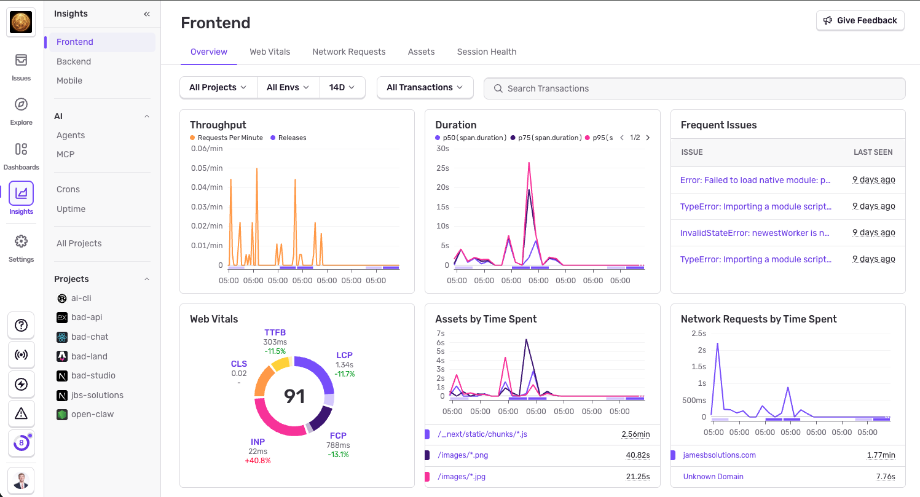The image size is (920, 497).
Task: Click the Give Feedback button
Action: click(860, 20)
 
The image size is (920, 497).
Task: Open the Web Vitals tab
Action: click(270, 52)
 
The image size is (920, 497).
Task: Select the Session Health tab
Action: click(486, 52)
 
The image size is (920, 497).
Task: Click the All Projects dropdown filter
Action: click(218, 87)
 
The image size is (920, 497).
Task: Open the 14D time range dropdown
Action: click(342, 87)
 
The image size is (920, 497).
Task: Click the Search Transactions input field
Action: click(694, 88)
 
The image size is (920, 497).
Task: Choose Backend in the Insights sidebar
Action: click(74, 61)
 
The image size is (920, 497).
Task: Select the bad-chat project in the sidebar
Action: click(90, 337)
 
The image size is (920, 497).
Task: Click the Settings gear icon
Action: click(21, 241)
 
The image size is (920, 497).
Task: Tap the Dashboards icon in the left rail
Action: click(21, 149)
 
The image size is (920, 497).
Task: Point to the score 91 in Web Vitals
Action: click(294, 396)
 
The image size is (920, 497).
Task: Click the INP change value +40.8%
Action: click(258, 460)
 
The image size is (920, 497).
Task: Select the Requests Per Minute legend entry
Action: click(230, 138)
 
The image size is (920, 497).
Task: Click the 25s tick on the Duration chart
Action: click(442, 168)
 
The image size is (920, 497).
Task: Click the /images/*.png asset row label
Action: click(463, 455)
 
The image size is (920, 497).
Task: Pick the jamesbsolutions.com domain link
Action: click(719, 455)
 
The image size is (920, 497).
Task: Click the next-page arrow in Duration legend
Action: click(648, 138)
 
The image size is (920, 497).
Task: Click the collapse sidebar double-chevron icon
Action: click(147, 14)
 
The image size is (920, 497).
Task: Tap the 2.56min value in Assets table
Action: click(635, 434)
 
